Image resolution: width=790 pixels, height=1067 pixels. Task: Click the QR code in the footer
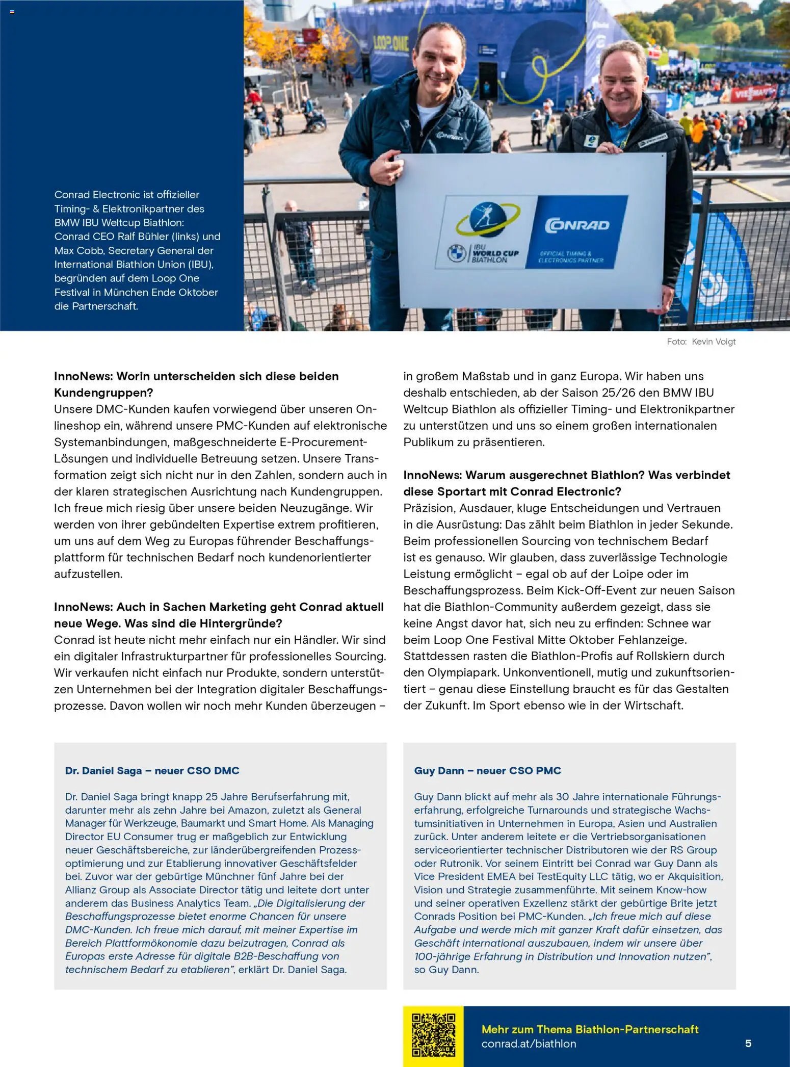pos(433,1035)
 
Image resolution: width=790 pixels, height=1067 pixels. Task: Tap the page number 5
pos(748,1043)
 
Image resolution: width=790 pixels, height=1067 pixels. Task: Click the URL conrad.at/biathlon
pos(529,1044)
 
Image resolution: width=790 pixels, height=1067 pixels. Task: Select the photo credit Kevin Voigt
pos(714,342)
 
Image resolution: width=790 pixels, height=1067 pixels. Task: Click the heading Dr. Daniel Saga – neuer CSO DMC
pos(152,770)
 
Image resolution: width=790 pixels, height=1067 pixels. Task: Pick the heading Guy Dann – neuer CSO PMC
pos(487,770)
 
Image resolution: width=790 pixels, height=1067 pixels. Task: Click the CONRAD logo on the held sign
pos(577,225)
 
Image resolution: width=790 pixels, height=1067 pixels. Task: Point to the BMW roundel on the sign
pos(456,253)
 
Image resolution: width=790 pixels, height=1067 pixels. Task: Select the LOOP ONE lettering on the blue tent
pos(391,44)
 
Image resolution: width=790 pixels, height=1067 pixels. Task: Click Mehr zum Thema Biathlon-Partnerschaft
pos(590,1029)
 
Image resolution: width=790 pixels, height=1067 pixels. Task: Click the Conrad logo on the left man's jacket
pos(450,136)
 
